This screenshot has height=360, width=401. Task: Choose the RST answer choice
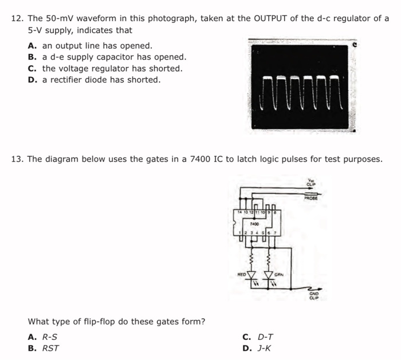pyautogui.click(x=51, y=347)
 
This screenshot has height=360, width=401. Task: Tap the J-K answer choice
pyautogui.click(x=266, y=347)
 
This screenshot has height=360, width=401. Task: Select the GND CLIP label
pyautogui.click(x=314, y=295)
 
